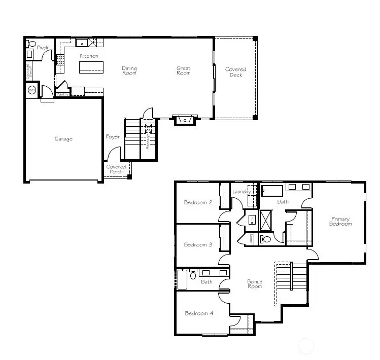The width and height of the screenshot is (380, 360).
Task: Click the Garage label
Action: pyautogui.click(x=63, y=139)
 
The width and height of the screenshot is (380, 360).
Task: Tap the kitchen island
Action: pyautogui.click(x=91, y=67)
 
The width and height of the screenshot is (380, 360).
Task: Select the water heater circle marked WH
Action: pyautogui.click(x=31, y=90)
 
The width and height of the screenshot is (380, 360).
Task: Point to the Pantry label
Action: pyautogui.click(x=62, y=94)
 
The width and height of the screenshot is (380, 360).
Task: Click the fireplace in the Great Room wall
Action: pyautogui.click(x=184, y=120)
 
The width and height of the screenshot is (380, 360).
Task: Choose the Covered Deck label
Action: pyautogui.click(x=235, y=72)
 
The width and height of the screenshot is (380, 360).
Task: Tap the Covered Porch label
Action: pyautogui.click(x=116, y=169)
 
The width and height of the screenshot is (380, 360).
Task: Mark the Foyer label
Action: pyautogui.click(x=113, y=137)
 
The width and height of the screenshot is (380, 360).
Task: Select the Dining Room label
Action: pyautogui.click(x=129, y=70)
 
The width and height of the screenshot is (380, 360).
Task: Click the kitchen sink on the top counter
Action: pyautogui.click(x=82, y=43)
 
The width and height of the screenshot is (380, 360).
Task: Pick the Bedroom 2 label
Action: pyautogui.click(x=198, y=202)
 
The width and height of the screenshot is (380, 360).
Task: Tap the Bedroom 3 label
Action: pyautogui.click(x=198, y=244)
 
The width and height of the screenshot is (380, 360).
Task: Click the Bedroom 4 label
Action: pyautogui.click(x=199, y=313)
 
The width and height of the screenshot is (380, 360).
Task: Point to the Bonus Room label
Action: pyautogui.click(x=255, y=284)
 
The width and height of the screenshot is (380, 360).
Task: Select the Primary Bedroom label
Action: pyautogui.click(x=340, y=221)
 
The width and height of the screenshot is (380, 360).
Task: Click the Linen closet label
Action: pyautogui.click(x=251, y=238)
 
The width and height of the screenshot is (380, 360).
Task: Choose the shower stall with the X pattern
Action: pyautogui.click(x=266, y=220)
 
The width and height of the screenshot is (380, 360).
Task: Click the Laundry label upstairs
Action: pyautogui.click(x=241, y=192)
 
